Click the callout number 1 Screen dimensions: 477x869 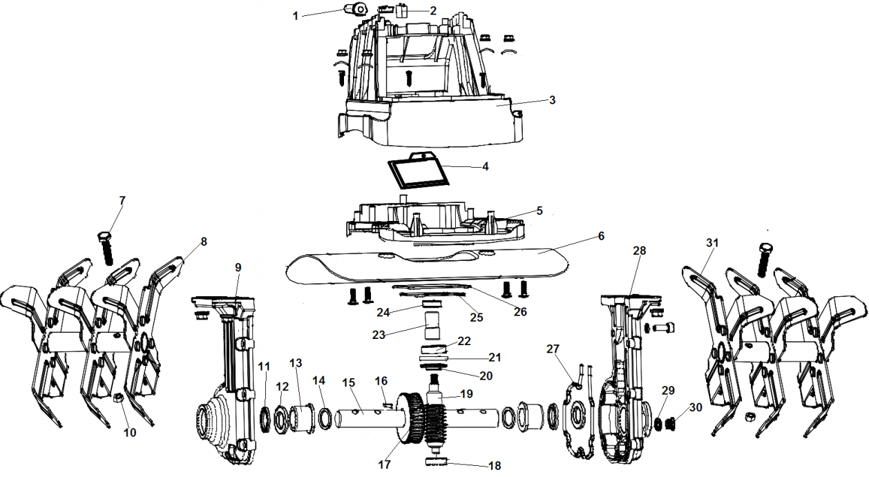(x=296, y=14)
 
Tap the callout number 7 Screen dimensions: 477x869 (x=122, y=200)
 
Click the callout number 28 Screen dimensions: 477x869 (x=640, y=251)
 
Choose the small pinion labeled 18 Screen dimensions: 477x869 (x=437, y=460)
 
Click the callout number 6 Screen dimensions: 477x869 (x=600, y=236)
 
